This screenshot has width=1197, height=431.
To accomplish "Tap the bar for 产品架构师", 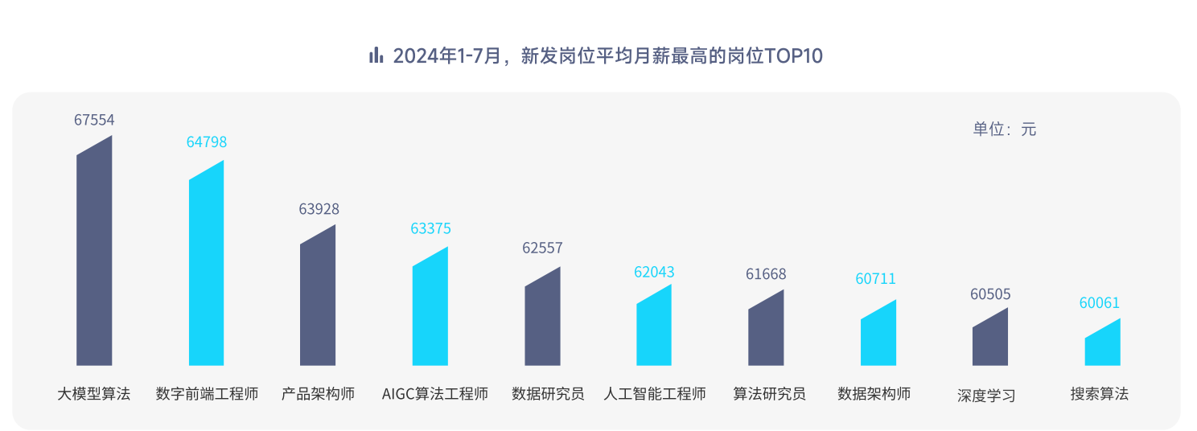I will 318,298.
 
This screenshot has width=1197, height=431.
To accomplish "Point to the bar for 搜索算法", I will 1102,343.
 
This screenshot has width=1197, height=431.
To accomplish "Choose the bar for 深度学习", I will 990,339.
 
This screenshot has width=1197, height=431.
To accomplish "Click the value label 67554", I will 94,120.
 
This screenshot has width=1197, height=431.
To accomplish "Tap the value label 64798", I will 207,142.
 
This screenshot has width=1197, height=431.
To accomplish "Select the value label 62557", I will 542,248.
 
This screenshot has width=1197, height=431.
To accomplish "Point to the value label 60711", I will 875,279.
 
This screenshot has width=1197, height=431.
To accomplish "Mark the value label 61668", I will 766,274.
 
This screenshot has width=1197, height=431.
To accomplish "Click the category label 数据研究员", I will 548,394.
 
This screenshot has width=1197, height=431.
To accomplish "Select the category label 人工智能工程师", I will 655,394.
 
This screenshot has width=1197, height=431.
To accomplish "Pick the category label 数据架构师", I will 874,394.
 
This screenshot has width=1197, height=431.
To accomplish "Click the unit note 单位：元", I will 1005,129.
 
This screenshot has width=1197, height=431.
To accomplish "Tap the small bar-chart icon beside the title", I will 376,55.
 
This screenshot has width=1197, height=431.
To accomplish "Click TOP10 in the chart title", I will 793,55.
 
